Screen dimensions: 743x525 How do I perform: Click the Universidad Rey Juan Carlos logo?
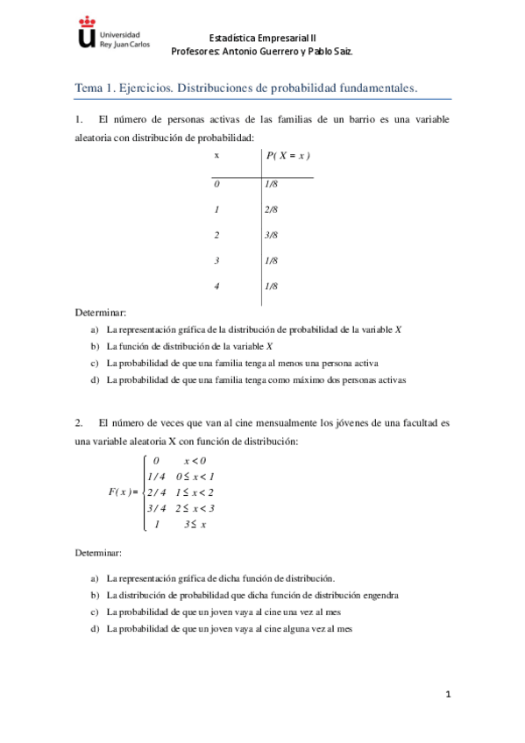coord(103,34)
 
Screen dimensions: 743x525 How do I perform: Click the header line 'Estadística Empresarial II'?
coord(262,38)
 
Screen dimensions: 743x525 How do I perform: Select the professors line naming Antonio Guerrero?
coord(262,52)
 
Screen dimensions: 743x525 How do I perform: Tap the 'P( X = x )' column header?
coord(288,155)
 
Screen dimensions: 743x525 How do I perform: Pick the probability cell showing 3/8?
coord(271,235)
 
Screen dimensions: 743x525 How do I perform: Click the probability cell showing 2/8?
coord(271,209)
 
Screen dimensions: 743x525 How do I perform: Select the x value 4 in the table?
coord(216,287)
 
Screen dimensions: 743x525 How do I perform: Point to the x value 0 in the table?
coord(216,184)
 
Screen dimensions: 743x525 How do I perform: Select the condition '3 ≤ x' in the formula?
coord(194,524)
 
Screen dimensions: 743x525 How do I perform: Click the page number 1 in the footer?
coord(448,695)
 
